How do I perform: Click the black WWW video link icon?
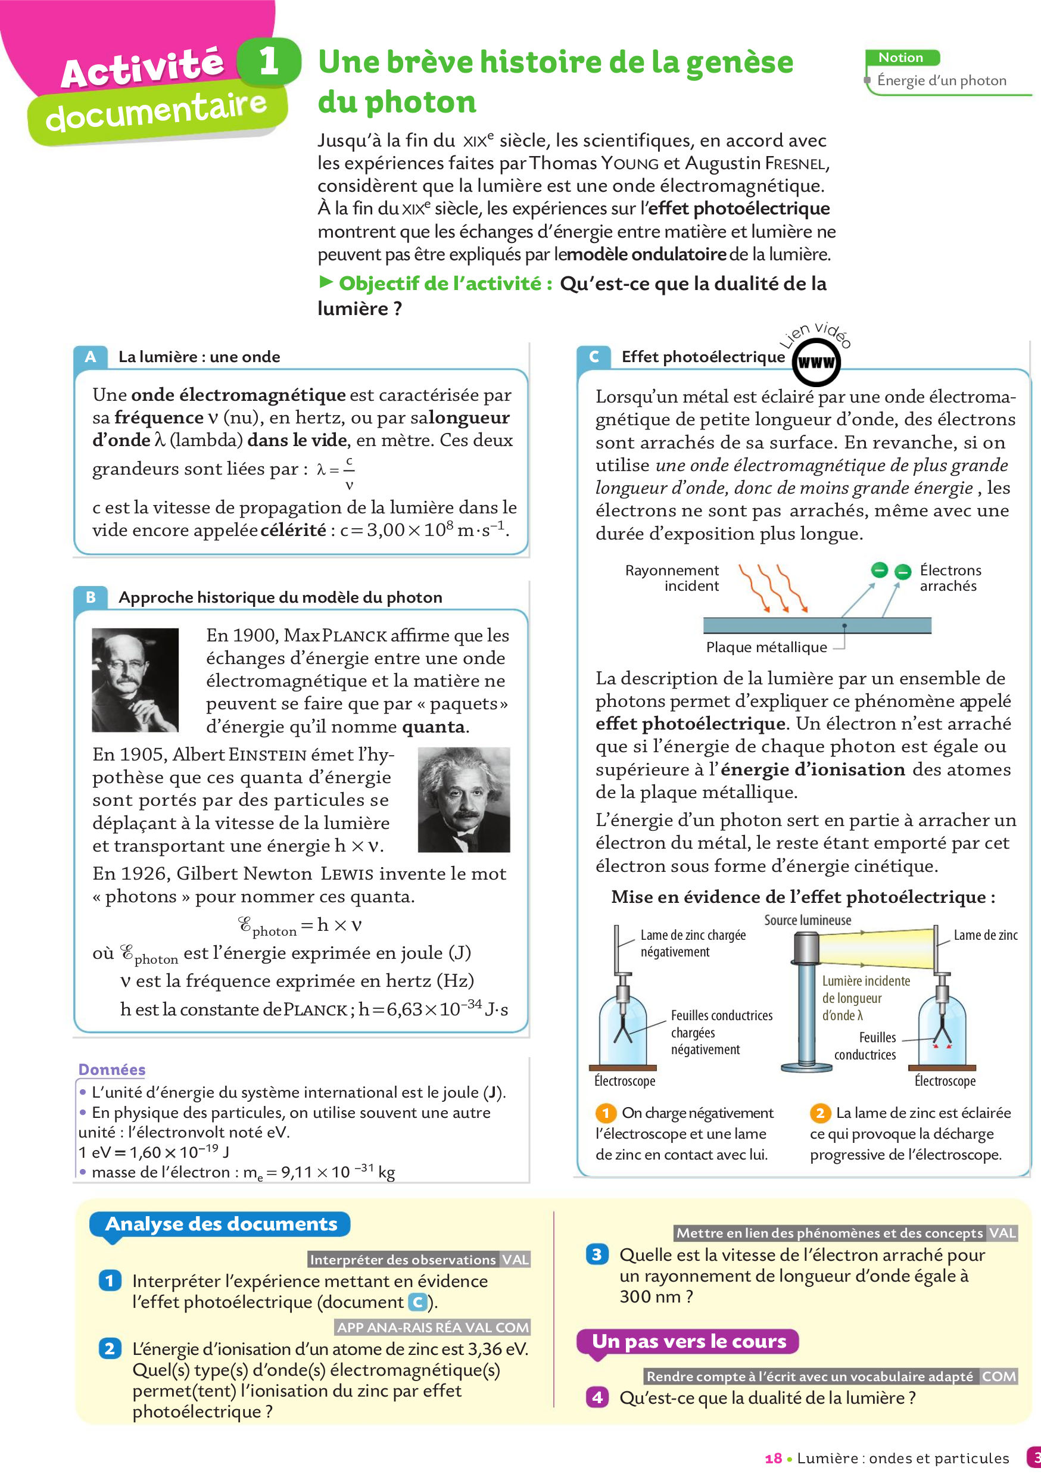coord(816,362)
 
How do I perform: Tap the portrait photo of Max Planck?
coord(135,680)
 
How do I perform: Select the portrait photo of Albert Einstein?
coord(464,799)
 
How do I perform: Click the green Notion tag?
coord(902,58)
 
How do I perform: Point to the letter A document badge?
coord(91,356)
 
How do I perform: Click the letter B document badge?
coord(91,597)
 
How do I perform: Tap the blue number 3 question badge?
coord(596,1254)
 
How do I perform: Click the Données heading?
coord(111,1069)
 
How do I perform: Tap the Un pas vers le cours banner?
coord(688,1341)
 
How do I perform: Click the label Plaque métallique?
coord(766,647)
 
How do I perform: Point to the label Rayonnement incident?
coord(672,578)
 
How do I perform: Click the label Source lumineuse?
coord(808,920)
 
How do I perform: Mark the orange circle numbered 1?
coord(606,1113)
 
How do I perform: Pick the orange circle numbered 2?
coord(819,1113)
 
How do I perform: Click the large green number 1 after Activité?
coord(269,62)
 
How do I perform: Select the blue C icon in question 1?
coord(417,1302)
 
